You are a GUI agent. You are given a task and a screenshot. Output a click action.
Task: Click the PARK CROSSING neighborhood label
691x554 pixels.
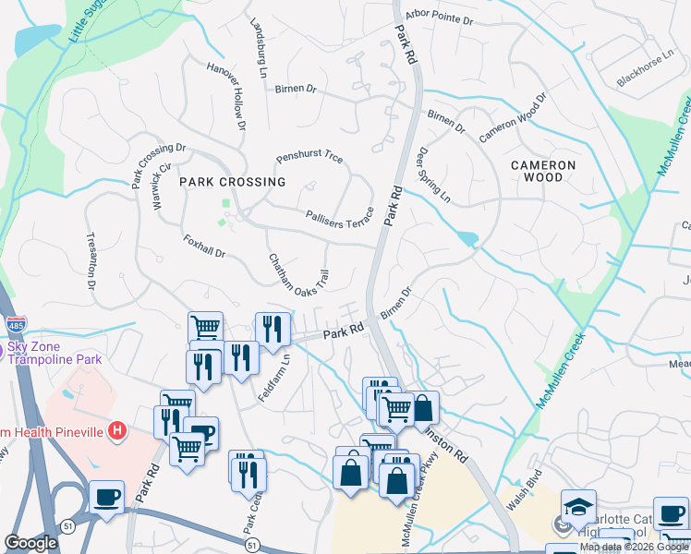(x=233, y=182)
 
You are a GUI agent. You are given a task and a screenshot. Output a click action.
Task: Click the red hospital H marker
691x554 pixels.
(x=116, y=430)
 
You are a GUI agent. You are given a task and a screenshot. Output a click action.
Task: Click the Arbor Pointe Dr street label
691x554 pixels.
(x=440, y=18)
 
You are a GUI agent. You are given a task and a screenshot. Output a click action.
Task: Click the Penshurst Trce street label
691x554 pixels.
(x=309, y=158)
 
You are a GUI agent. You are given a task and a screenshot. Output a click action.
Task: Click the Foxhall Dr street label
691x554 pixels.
(x=204, y=246)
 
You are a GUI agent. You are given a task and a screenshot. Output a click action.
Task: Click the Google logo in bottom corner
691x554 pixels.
(x=30, y=543)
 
